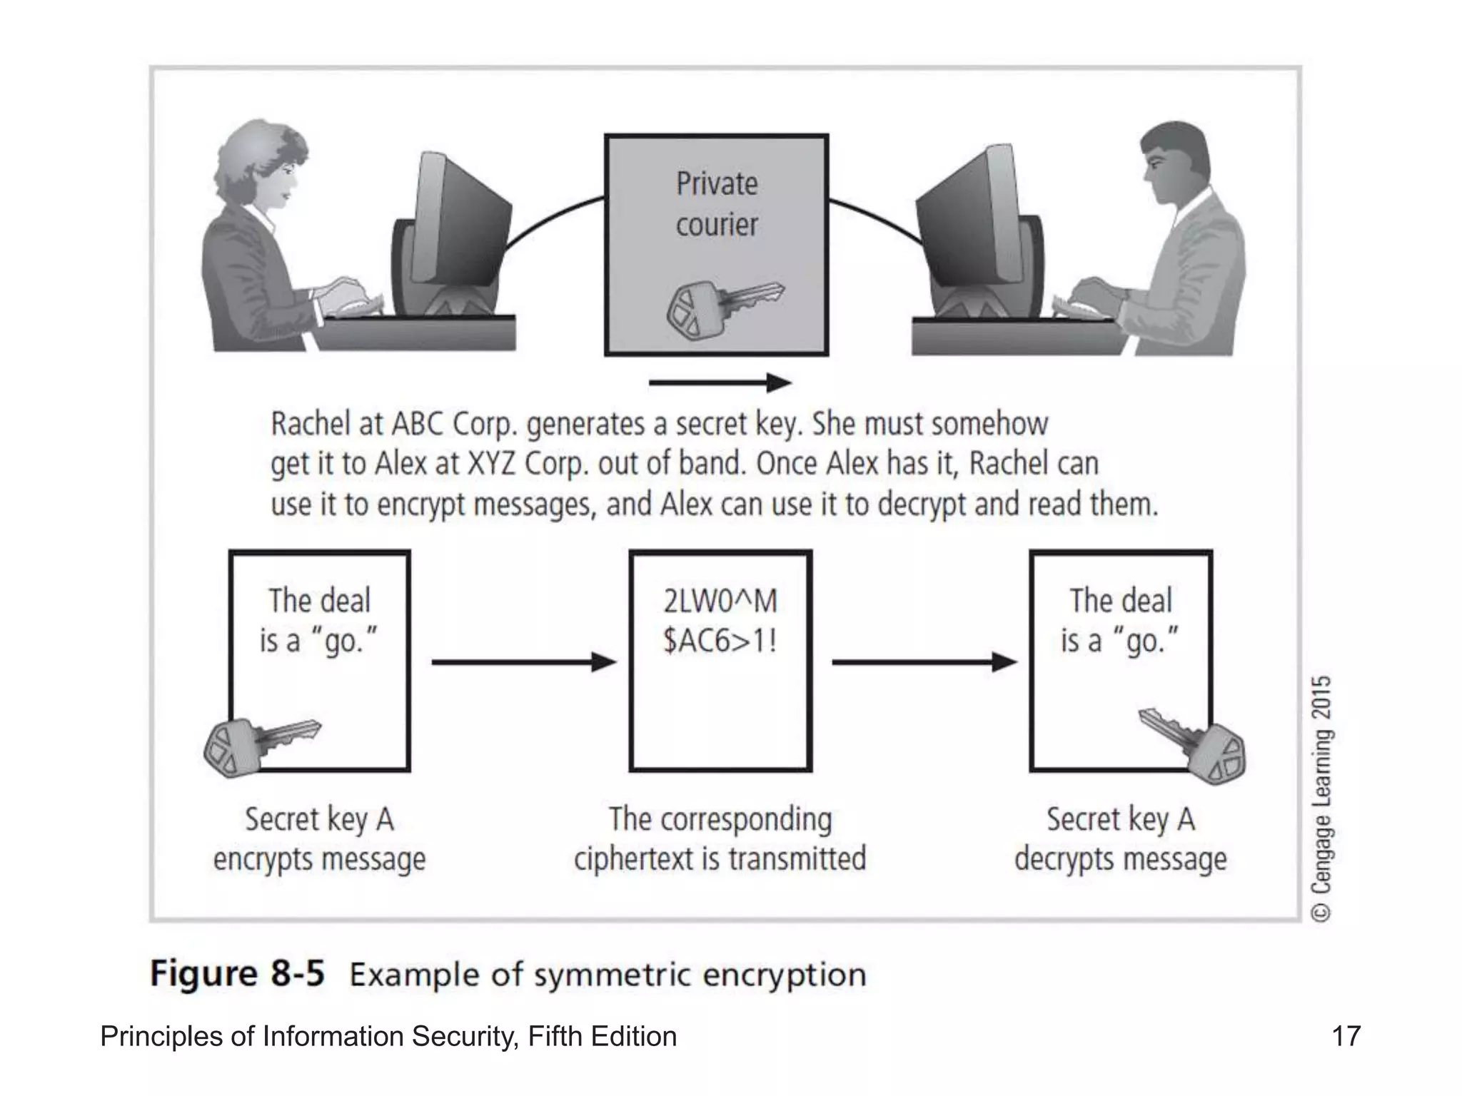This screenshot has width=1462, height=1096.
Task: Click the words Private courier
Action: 717,204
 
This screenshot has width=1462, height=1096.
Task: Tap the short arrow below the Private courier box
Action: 720,383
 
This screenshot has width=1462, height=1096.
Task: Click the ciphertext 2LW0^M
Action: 720,601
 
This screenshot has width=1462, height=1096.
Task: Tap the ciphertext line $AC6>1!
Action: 720,641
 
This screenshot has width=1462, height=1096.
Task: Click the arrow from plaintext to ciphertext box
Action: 523,662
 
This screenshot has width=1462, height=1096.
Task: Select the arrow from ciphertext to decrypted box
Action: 924,662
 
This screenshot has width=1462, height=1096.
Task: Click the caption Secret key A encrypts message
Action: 319,839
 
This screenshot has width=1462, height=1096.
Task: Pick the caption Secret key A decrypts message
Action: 1120,839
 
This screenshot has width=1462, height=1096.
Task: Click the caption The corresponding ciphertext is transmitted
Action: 720,839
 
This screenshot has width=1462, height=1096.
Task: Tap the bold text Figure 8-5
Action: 237,973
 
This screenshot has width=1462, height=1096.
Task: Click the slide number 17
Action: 1346,1036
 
